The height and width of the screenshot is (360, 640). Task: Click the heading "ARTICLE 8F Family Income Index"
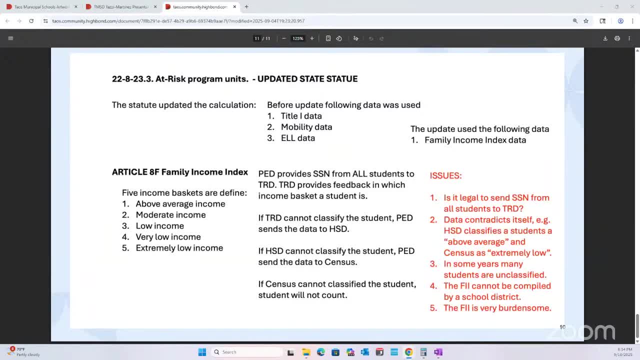click(x=180, y=172)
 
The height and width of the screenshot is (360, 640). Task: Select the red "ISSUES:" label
click(x=445, y=175)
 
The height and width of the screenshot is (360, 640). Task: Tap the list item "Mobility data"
click(x=306, y=127)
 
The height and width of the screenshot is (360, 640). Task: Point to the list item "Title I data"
click(x=301, y=116)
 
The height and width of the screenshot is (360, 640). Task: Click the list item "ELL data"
click(x=297, y=138)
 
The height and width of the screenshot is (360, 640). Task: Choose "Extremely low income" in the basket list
click(x=179, y=248)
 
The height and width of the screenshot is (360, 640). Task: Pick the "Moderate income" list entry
click(x=170, y=215)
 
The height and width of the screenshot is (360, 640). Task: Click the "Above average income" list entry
click(x=180, y=204)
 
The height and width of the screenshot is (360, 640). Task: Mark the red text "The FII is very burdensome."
click(x=497, y=308)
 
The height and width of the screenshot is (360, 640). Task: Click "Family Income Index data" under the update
click(x=475, y=140)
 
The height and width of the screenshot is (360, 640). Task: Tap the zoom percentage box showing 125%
click(x=298, y=38)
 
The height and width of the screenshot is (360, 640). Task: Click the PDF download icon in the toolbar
click(x=605, y=38)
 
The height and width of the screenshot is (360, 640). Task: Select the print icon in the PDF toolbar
click(x=617, y=38)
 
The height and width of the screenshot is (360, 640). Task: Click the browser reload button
click(x=31, y=21)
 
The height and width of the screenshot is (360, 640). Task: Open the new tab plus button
click(x=246, y=7)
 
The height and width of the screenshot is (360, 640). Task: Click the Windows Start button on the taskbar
click(x=202, y=352)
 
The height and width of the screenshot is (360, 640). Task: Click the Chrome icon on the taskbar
click(x=408, y=352)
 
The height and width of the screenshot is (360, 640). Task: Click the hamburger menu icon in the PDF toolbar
click(x=10, y=38)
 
